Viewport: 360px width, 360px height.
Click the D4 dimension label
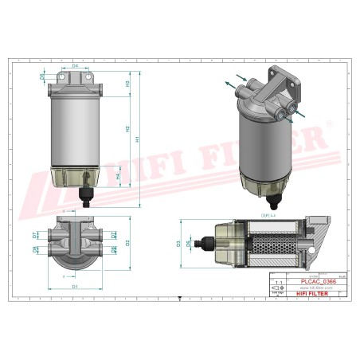[75, 66]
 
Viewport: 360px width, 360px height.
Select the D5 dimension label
[42, 76]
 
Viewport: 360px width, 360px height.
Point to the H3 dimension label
[127, 83]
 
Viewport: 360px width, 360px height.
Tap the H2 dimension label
[127, 127]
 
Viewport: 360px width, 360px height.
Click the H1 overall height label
[137, 139]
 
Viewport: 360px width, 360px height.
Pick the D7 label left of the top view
[34, 235]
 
